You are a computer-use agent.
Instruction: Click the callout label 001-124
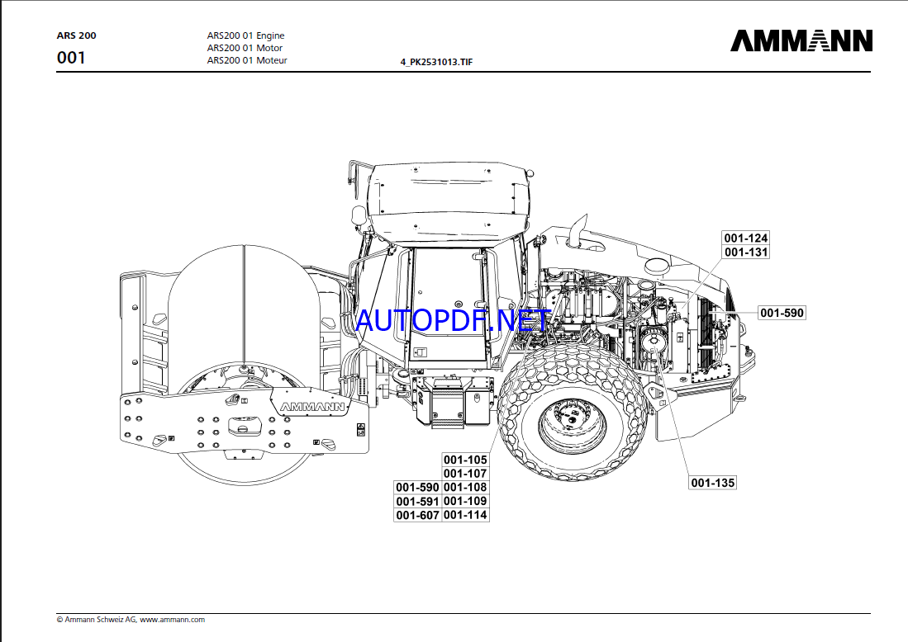[x=746, y=238]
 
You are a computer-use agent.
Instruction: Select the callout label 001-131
[x=746, y=253]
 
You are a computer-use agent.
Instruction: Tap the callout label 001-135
[x=712, y=483]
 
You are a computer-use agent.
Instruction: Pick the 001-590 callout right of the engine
[x=782, y=313]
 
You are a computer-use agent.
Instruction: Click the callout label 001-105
[x=465, y=460]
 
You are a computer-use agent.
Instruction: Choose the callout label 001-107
[x=465, y=474]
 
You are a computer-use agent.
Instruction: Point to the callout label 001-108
[x=465, y=488]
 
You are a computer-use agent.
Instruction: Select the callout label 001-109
[x=465, y=501]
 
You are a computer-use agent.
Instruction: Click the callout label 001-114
[x=465, y=515]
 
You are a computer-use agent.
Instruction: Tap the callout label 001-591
[x=417, y=502]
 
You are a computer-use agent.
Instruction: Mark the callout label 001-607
[x=417, y=515]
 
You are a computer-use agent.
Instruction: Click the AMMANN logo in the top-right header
[x=801, y=41]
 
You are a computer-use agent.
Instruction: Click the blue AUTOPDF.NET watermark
[x=451, y=319]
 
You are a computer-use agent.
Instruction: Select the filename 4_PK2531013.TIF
[x=436, y=62]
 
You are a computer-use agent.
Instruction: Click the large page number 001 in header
[x=71, y=58]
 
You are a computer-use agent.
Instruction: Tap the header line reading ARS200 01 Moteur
[x=246, y=60]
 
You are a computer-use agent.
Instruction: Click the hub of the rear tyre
[x=570, y=424]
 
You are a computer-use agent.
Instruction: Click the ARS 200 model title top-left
[x=76, y=36]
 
